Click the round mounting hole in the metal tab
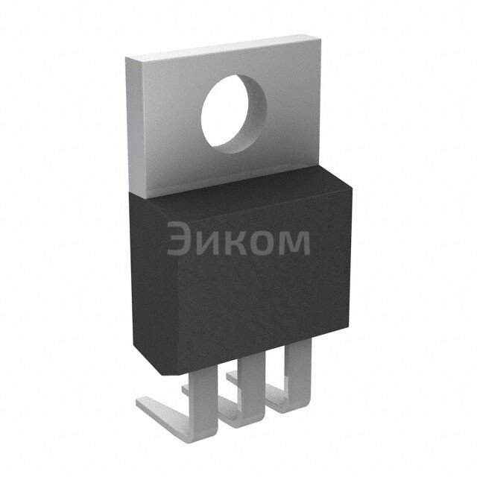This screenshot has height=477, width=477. click(233, 114)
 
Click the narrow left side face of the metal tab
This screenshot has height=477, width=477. click(136, 127)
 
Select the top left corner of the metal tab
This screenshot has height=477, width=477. click(126, 57)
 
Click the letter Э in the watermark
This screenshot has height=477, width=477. click(179, 238)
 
